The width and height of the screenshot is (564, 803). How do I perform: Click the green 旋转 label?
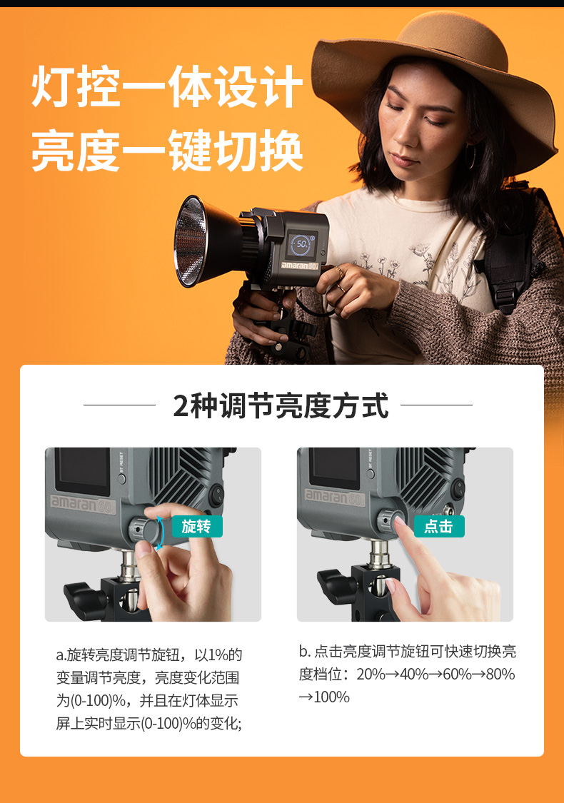click(x=197, y=526)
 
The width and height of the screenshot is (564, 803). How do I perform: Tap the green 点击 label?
click(x=439, y=526)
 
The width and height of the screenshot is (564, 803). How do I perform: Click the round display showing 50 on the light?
click(x=301, y=244)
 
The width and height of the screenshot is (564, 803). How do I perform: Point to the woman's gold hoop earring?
click(x=470, y=156)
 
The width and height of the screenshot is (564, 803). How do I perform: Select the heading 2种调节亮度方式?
click(x=281, y=405)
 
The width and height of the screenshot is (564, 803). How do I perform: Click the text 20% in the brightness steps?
click(x=371, y=674)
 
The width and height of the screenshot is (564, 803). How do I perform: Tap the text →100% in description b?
click(x=323, y=697)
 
